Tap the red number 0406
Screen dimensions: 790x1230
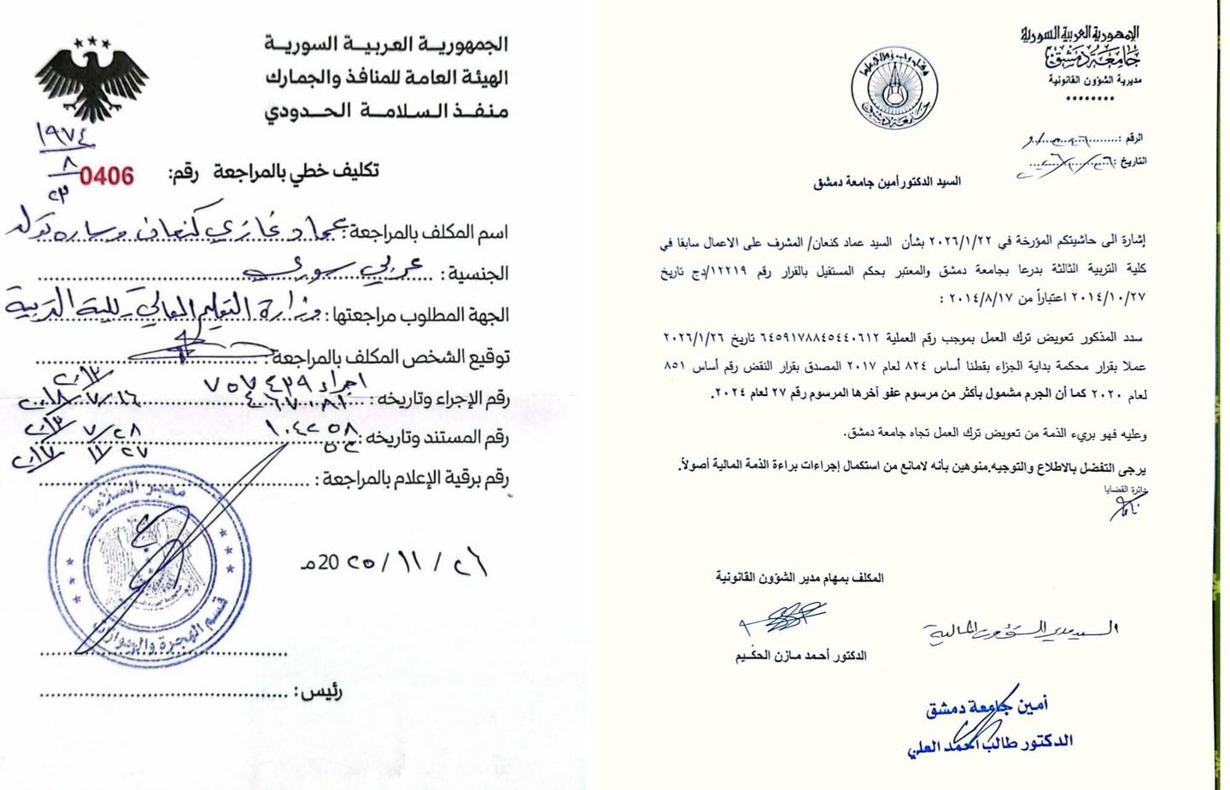point(107,176)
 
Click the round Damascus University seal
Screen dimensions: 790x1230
point(894,87)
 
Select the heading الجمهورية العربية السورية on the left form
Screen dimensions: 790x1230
point(385,44)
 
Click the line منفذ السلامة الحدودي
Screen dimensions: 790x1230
point(385,111)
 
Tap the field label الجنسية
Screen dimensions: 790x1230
point(474,274)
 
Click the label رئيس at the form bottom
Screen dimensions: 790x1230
point(318,691)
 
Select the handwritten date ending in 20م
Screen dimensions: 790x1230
point(394,562)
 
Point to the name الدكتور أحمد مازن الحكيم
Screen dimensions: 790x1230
point(800,656)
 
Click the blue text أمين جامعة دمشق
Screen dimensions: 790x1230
point(987,705)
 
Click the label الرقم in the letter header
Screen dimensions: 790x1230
point(1133,138)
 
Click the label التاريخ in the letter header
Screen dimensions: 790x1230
point(1133,161)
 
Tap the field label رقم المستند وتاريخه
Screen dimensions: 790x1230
point(437,439)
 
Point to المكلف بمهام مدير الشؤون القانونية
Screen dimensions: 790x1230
point(799,578)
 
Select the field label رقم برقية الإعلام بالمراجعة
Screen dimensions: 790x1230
point(413,479)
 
